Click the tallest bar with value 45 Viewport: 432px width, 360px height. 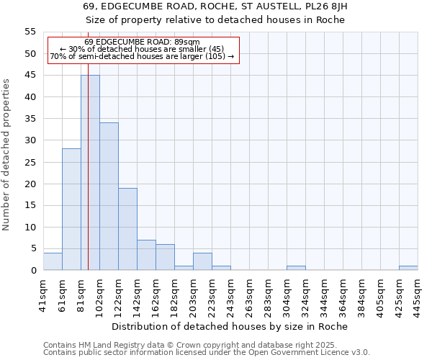(90, 173)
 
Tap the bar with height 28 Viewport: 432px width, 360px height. (71, 210)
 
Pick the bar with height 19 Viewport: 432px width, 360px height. (127, 229)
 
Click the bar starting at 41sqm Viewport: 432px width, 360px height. (53, 261)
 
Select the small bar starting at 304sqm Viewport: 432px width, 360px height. (296, 268)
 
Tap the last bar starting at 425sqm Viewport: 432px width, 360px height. (408, 268)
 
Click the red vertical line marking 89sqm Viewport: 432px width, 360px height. (88, 180)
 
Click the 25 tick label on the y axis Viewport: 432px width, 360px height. (30, 162)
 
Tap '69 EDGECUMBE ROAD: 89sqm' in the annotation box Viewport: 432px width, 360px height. (142, 42)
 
